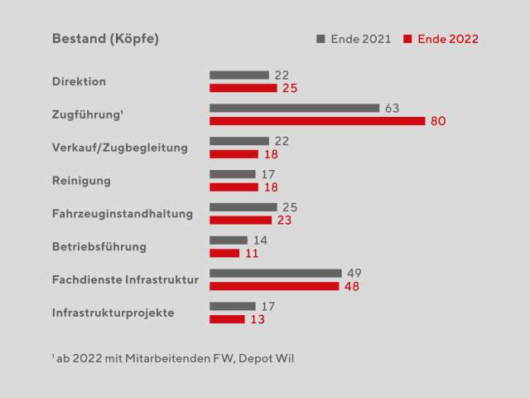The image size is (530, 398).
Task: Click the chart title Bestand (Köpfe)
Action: click(x=105, y=39)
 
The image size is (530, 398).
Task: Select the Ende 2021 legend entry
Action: click(x=354, y=39)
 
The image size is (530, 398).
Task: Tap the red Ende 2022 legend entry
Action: click(x=441, y=39)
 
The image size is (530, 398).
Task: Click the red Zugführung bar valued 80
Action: click(x=317, y=121)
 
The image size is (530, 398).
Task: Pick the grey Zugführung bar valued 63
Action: click(x=294, y=108)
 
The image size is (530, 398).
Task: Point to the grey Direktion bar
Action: click(x=239, y=75)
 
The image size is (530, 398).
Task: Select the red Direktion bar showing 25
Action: click(x=243, y=88)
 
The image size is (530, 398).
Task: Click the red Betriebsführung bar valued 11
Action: click(x=224, y=253)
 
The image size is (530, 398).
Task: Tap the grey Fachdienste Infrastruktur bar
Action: click(x=276, y=273)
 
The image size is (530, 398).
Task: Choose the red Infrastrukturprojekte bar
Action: click(x=227, y=319)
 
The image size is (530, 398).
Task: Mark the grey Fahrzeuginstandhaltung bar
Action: click(x=243, y=206)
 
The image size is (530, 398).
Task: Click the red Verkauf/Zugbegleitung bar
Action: click(x=234, y=154)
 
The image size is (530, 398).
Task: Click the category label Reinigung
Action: click(x=81, y=181)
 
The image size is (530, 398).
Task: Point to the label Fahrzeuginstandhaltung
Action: click(x=122, y=214)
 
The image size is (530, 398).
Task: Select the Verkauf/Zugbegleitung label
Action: click(x=120, y=148)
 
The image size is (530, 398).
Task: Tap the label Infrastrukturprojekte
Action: click(x=113, y=313)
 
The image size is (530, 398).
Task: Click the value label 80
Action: click(x=438, y=121)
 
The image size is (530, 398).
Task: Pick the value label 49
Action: click(x=354, y=273)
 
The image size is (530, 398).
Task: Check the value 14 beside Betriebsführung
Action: click(x=260, y=240)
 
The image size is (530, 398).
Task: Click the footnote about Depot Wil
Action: click(x=172, y=358)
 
